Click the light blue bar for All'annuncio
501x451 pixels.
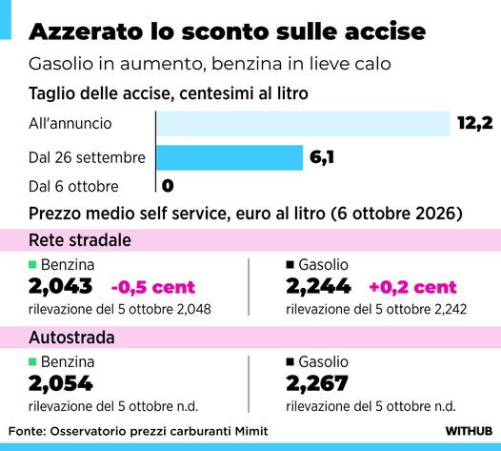pyautogui.click(x=303, y=124)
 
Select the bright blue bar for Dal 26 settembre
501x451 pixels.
pyautogui.click(x=230, y=157)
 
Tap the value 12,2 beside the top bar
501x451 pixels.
pyautogui.click(x=475, y=123)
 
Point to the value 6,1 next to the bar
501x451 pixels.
pyautogui.click(x=322, y=157)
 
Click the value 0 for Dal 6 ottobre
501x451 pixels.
pyautogui.click(x=168, y=186)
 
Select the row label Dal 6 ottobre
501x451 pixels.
pyautogui.click(x=73, y=187)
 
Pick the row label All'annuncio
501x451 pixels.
pyautogui.click(x=70, y=123)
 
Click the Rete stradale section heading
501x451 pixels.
pyautogui.click(x=80, y=240)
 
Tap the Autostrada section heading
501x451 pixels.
pyautogui.click(x=71, y=338)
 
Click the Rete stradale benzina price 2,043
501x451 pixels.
pyautogui.click(x=60, y=286)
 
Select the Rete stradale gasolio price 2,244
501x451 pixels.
pyautogui.click(x=318, y=286)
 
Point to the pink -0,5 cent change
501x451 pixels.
pyautogui.click(x=153, y=287)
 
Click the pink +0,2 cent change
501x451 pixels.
pyautogui.click(x=412, y=287)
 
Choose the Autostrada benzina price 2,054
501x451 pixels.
pyautogui.click(x=61, y=383)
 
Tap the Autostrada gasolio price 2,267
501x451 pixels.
pyautogui.click(x=317, y=383)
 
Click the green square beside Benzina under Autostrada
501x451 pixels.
pyautogui.click(x=32, y=361)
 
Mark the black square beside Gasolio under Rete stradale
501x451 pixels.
pyautogui.click(x=290, y=264)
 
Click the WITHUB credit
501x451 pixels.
pyautogui.click(x=469, y=431)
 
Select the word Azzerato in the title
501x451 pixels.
pyautogui.click(x=86, y=31)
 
